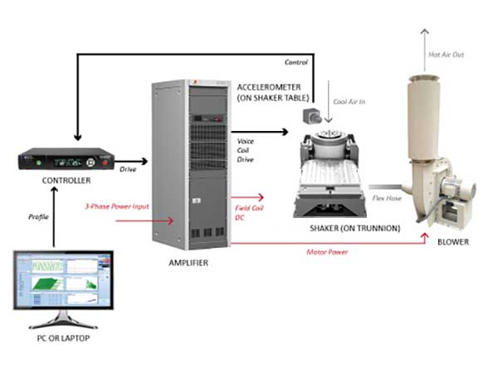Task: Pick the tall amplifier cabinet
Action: pos(188,166)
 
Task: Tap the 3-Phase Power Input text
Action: pos(115,205)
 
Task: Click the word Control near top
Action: pos(296,62)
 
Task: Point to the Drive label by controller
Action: pos(127,169)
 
